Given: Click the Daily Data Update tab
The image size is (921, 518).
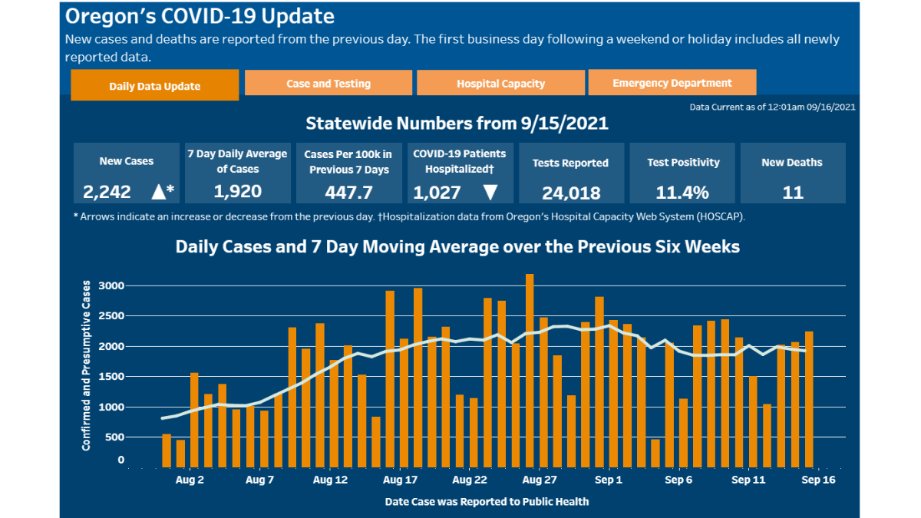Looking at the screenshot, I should [154, 86].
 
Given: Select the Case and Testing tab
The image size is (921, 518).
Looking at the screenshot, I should [328, 83].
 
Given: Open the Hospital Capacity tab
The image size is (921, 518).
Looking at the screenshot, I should [500, 84].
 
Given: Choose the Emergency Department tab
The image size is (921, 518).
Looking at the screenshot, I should [672, 83].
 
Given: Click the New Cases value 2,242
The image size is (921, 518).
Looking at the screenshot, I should [107, 192].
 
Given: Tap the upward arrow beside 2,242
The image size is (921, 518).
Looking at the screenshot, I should [158, 192].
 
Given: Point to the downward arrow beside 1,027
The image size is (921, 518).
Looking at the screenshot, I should [490, 192].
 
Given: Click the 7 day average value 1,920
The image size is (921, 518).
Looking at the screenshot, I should [237, 191].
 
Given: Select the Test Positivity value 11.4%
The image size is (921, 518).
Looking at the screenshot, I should [682, 192].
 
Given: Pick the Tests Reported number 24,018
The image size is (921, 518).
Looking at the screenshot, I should [570, 193].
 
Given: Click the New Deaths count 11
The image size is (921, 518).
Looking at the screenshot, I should [792, 192].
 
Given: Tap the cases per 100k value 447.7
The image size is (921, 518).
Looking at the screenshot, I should [348, 191].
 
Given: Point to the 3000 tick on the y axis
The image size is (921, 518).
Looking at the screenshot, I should [110, 286].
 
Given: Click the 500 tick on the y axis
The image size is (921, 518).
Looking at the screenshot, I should [114, 437].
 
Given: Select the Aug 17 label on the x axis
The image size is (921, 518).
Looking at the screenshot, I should [400, 480].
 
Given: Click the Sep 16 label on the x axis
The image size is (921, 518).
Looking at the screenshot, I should [818, 480].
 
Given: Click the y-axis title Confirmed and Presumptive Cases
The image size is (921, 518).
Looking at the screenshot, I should [86, 365].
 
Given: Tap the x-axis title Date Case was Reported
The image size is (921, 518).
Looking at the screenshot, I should [487, 502].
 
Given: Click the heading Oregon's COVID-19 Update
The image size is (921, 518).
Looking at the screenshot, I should [200, 16].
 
